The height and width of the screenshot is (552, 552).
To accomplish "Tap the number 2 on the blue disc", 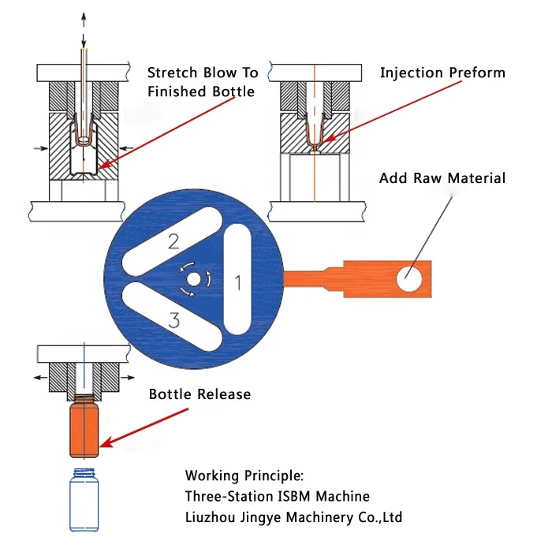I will [173, 242].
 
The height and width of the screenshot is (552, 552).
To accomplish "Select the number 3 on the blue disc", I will [175, 319].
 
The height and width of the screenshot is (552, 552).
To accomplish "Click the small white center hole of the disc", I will [194, 280].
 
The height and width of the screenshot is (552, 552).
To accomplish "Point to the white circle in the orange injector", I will [409, 278].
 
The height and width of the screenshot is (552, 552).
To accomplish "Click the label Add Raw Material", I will [442, 178].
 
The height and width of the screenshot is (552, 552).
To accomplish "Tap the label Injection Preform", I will [442, 73].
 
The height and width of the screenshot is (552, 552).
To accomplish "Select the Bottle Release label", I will [200, 393].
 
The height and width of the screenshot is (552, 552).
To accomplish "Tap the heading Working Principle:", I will [244, 476].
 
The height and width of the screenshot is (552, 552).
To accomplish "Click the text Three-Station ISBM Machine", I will [277, 496].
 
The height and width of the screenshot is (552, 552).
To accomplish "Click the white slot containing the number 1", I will [237, 279].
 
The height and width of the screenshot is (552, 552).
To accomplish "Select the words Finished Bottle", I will [201, 91].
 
